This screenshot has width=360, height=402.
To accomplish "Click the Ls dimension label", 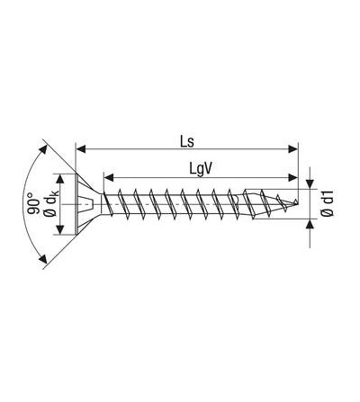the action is pos(187,141).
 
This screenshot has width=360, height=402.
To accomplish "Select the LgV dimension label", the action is pos(201,169).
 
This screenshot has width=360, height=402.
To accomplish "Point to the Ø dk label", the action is pos(50,204).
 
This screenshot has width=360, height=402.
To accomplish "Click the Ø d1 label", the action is pos(328,204).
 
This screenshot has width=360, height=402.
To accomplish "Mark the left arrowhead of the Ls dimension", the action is pos(81,149).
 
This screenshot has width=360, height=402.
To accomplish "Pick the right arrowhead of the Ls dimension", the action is pos(292,149).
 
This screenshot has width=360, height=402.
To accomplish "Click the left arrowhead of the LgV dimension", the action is pos(109,177).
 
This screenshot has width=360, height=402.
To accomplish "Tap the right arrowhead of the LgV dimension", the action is pos(292,177).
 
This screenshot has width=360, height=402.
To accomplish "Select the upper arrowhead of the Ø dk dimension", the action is pos(60,179).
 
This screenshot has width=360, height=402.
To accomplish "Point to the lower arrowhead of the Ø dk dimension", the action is pos(60,229).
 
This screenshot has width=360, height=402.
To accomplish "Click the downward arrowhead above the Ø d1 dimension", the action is pos(310,183).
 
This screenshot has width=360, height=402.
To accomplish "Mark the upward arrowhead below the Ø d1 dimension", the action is pos(310,224).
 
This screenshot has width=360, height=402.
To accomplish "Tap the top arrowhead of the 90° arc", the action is pos(43,149).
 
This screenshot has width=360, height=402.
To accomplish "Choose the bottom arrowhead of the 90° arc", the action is pos(43,259).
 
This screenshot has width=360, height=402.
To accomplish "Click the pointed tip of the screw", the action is pos(297,201).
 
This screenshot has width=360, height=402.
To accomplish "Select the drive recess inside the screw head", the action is pos(86,204).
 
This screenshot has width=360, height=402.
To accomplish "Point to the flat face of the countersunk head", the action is pos(76,204).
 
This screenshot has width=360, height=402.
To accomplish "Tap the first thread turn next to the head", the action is pos(107,204).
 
